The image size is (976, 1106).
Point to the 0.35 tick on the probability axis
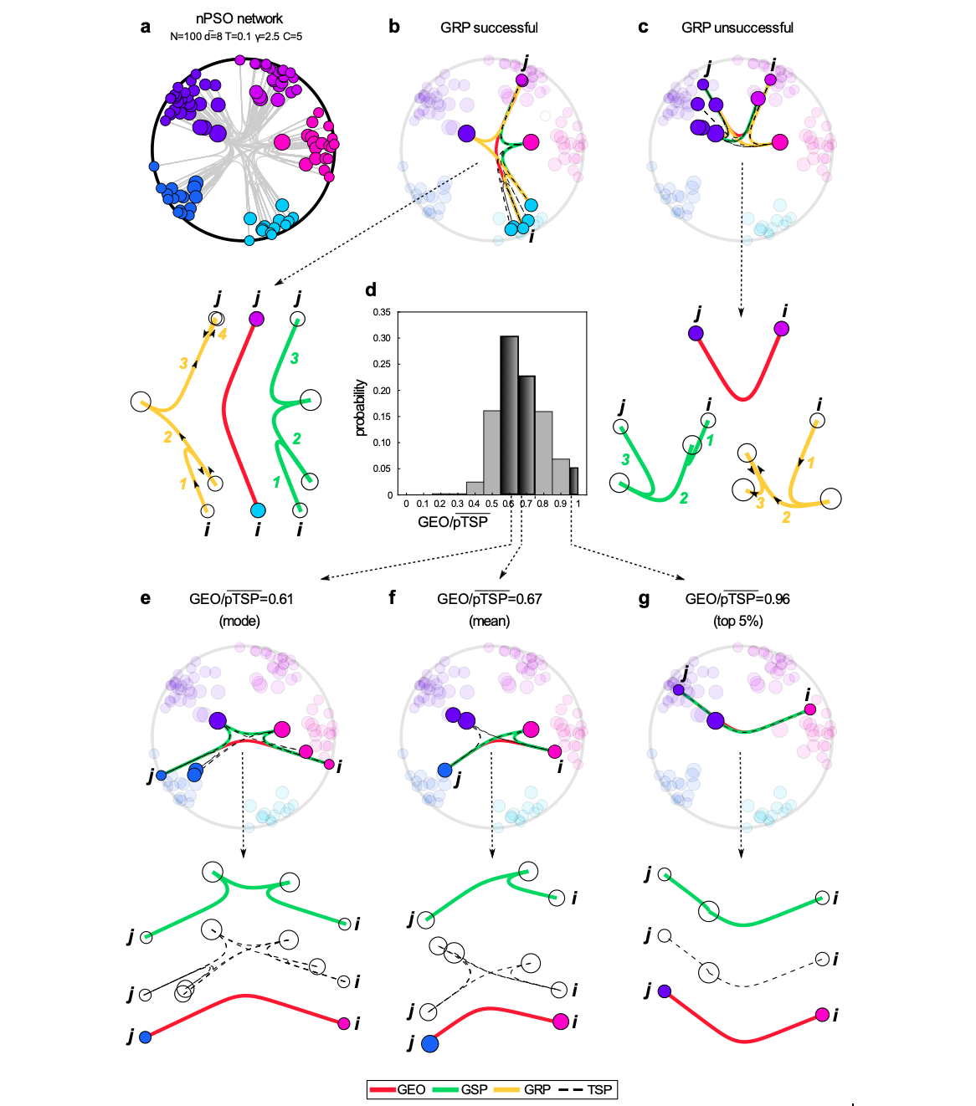382,312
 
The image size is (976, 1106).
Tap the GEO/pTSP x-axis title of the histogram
452,522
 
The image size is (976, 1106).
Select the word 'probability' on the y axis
361,407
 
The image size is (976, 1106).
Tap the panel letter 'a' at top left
146,27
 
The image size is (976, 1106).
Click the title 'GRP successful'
489,28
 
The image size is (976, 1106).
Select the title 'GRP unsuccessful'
737,28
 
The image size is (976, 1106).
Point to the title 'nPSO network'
239,18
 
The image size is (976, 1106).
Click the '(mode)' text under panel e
239,621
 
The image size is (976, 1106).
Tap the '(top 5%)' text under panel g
737,621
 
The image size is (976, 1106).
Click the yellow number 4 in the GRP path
223,334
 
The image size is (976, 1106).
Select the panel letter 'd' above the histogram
371,290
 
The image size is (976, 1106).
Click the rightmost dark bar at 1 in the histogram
574,481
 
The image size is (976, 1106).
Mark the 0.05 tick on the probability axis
382,469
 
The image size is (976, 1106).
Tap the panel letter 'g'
644,599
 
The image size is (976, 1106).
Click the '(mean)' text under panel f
489,621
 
